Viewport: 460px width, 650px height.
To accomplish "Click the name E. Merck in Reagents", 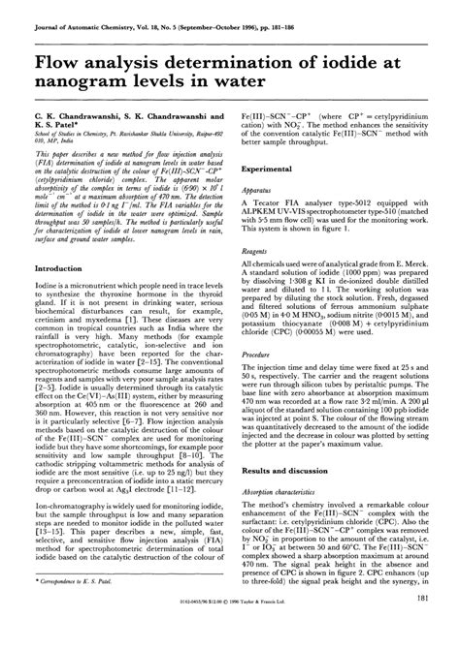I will pyautogui.click(x=413, y=289).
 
